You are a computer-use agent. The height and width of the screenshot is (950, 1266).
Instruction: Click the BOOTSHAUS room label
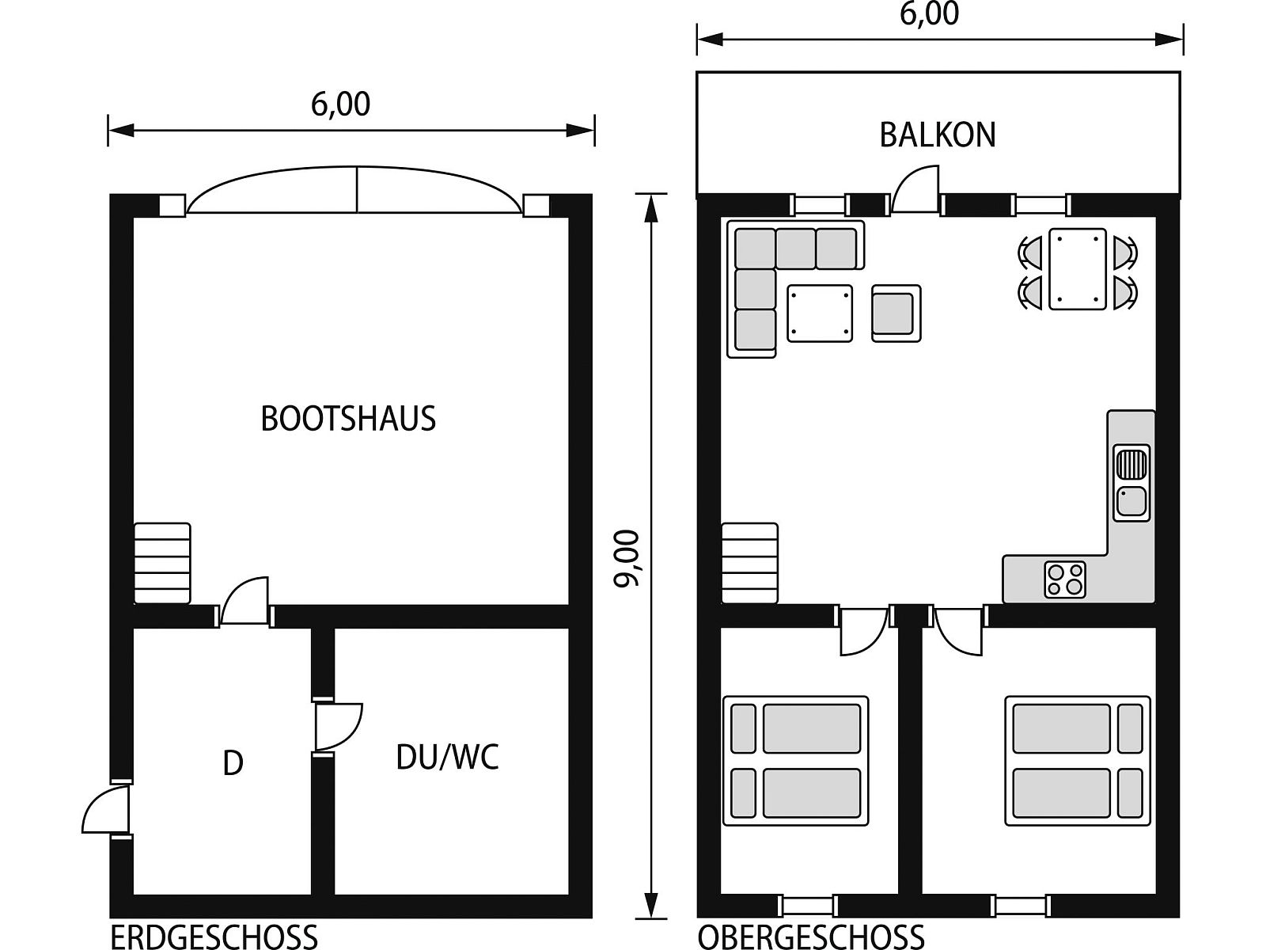tap(348, 419)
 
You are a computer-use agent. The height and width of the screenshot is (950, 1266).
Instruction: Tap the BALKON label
tap(938, 135)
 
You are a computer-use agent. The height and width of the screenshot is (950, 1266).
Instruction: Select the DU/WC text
tap(448, 757)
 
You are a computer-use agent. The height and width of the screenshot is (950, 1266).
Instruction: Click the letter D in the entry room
tap(233, 763)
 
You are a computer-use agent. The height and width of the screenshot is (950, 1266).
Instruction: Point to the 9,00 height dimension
tap(627, 558)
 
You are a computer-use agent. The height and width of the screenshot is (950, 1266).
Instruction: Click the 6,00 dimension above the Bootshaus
tap(340, 104)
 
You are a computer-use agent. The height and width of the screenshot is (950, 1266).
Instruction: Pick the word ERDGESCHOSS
tap(214, 937)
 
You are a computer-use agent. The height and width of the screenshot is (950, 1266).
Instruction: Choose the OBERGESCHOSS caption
tap(811, 937)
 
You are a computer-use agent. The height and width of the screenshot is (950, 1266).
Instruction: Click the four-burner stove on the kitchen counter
tap(1065, 579)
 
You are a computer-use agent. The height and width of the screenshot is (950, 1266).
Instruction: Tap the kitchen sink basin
tap(1131, 501)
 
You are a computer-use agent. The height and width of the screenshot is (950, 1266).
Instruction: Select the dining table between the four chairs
tap(1078, 269)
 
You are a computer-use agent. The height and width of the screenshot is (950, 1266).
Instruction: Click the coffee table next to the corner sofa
tap(820, 313)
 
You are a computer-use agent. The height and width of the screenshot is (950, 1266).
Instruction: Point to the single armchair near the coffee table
tap(896, 313)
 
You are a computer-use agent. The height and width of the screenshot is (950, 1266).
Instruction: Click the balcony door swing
tap(915, 190)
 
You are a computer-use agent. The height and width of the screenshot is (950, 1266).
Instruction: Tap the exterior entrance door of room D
tap(105, 807)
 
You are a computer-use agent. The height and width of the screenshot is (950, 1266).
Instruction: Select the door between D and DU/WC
tap(339, 726)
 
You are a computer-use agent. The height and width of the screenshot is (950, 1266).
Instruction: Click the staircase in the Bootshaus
tap(162, 563)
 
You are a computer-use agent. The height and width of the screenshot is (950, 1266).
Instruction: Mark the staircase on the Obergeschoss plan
tap(750, 563)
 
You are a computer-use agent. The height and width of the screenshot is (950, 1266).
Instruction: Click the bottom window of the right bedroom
tap(1022, 905)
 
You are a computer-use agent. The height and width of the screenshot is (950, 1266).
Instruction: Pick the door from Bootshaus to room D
tap(244, 600)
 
